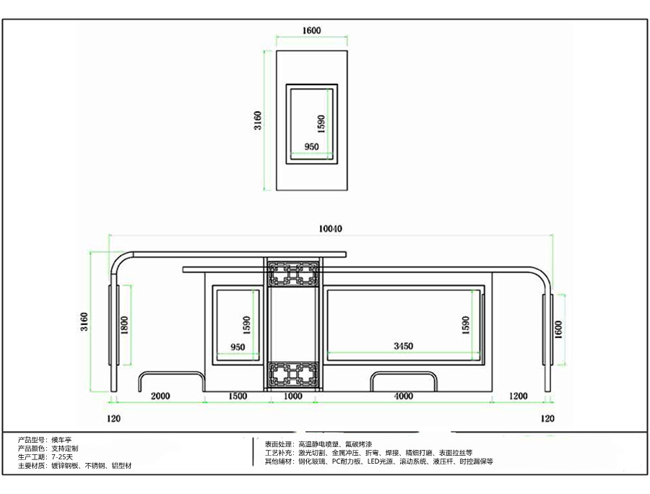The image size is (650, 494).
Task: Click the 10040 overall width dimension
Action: coord(330,229)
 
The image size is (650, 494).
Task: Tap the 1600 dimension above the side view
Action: coord(311,30)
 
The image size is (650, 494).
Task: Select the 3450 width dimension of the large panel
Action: coord(403,346)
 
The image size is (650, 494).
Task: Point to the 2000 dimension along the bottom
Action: coord(160,396)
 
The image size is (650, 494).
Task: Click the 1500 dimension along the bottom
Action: coord(238,396)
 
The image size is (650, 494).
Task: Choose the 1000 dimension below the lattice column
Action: coord(292,396)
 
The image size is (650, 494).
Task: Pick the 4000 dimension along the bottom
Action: coord(403,396)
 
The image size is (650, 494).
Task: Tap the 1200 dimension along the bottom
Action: coord(518,396)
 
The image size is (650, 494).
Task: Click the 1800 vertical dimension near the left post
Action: coord(124,325)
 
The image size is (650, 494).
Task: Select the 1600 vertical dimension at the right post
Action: coord(558,330)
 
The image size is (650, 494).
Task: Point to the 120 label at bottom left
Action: coord(113,419)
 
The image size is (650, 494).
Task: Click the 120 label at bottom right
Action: coord(547,419)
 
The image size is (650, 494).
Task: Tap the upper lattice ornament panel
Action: coord(293,274)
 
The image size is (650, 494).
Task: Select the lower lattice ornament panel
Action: coord(293,375)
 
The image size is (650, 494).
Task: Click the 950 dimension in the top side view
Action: coord(311,147)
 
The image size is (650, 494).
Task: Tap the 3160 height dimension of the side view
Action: coord(258,121)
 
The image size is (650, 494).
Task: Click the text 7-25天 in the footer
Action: coord(62,457)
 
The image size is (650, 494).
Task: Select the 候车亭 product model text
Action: coord(61,440)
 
